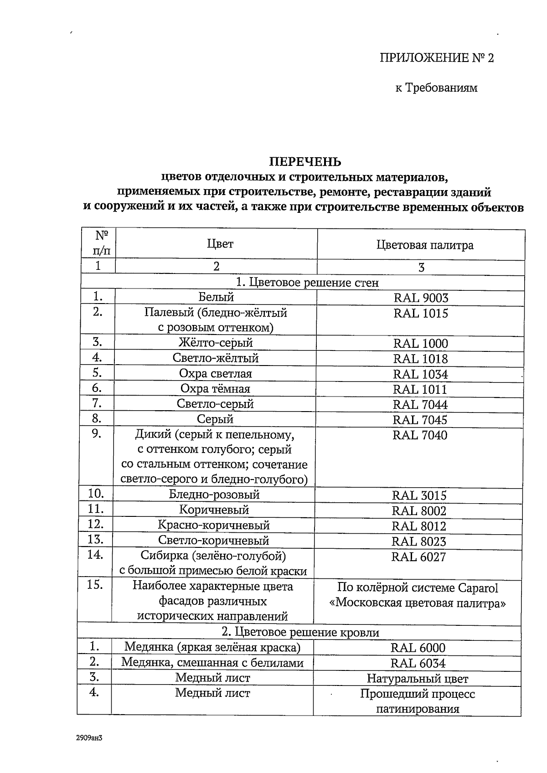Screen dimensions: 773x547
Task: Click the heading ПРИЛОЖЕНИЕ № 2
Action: click(x=437, y=58)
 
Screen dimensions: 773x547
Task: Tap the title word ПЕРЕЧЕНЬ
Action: click(x=305, y=162)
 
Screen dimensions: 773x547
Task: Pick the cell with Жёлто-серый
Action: click(x=216, y=343)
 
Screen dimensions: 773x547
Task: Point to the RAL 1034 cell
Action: click(x=420, y=374)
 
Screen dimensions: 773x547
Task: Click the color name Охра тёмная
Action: click(x=215, y=389)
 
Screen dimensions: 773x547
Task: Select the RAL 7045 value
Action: click(x=420, y=420)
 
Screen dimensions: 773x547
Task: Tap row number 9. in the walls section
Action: click(x=96, y=433)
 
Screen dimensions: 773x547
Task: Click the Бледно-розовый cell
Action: click(x=214, y=495)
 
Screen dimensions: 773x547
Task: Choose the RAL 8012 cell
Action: click(x=419, y=526)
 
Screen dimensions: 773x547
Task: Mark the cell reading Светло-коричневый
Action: click(x=214, y=541)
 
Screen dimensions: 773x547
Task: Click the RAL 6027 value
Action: click(x=418, y=557)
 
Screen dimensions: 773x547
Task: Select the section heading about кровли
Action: click(x=300, y=632)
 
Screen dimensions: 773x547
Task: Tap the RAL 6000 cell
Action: click(x=418, y=648)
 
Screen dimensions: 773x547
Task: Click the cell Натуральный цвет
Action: click(x=418, y=679)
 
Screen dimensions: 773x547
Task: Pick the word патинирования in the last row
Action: click(x=418, y=709)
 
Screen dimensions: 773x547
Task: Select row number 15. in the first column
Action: click(x=94, y=585)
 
